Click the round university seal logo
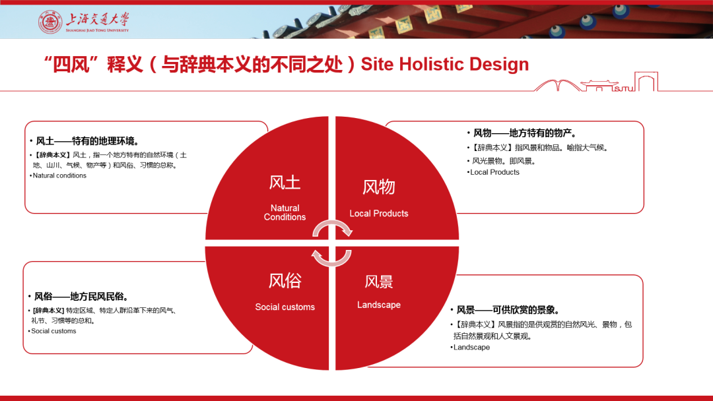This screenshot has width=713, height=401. tap(50, 22)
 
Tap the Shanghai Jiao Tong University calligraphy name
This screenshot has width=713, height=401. tap(97, 20)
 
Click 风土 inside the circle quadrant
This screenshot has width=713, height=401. tap(285, 183)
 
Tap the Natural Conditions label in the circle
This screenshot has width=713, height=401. tap(285, 212)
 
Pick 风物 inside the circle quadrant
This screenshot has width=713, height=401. tap(379, 187)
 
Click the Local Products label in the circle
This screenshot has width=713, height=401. tap(379, 214)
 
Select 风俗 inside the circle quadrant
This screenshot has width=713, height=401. tap(285, 281)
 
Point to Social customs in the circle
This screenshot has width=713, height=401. tap(285, 307)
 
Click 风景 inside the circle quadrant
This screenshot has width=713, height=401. tap(379, 282)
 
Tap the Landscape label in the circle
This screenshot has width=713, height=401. tap(379, 305)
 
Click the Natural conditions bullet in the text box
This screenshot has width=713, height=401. tap(58, 175)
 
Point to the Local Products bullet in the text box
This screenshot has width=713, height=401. tap(493, 172)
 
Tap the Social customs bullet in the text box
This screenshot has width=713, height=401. tap(52, 331)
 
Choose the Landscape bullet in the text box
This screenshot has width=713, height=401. tap(470, 348)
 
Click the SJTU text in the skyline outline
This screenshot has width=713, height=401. tap(623, 88)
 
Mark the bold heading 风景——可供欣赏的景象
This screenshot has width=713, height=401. tap(506, 310)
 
